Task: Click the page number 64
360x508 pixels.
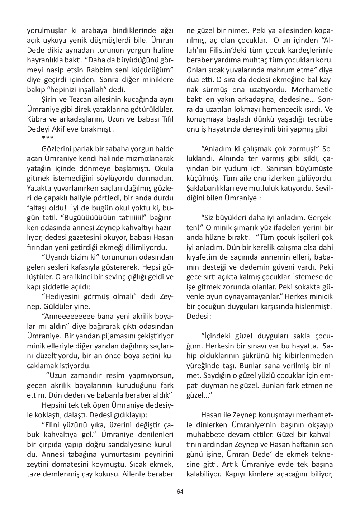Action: coord(180,491)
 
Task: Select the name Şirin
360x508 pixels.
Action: coord(49,99)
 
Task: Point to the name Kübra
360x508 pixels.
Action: coord(37,119)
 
